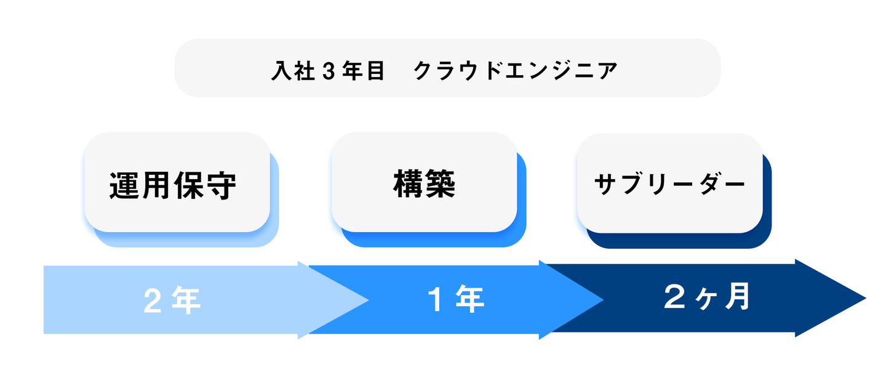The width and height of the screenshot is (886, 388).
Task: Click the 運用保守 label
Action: click(174, 185)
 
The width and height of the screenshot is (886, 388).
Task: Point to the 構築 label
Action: click(424, 184)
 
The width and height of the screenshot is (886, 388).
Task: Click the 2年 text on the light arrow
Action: click(172, 301)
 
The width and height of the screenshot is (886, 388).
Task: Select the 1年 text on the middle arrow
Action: click(455, 300)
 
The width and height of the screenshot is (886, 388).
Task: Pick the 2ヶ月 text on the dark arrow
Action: click(707, 297)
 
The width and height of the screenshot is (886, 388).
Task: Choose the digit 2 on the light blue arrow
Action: click(151, 301)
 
